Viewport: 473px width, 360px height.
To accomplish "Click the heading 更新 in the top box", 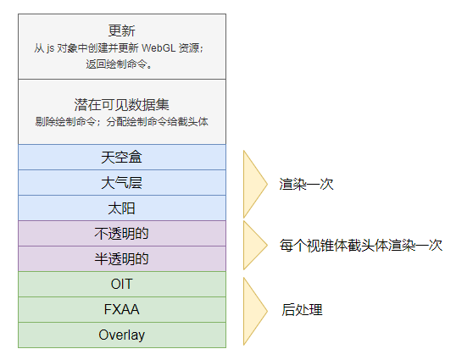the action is (121, 30).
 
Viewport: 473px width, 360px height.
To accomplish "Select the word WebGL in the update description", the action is (159, 48).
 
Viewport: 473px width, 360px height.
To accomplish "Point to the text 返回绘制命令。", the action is (119, 64).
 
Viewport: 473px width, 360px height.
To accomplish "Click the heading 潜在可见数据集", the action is (121, 105).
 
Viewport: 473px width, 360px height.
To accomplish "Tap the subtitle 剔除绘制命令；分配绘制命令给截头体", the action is (121, 121).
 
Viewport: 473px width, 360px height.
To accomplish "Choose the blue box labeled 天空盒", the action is (122, 157).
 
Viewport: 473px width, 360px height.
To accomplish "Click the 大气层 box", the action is (122, 183).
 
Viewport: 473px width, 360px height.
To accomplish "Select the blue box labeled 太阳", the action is (122, 208).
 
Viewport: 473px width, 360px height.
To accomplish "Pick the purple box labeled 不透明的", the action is (122, 234).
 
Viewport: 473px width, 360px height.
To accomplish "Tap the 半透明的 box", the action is (122, 258).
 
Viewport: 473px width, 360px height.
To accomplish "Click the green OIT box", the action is (122, 284).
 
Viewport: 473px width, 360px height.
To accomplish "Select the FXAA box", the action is (122, 310).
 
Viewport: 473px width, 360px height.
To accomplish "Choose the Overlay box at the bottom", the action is (122, 335).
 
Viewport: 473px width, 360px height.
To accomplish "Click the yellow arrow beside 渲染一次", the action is (253, 184).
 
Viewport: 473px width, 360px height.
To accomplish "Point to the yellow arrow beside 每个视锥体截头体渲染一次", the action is (253, 245).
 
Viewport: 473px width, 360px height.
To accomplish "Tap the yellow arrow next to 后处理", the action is (253, 311).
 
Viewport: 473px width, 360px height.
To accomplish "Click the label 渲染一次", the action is (306, 184).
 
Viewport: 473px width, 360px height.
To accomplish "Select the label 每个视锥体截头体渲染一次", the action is (361, 245).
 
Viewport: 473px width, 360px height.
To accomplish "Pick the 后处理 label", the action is (302, 310).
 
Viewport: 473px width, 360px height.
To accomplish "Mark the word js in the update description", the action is (50, 48).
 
